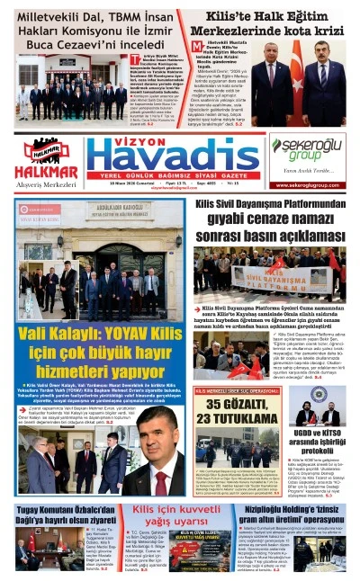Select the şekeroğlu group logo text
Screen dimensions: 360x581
308,147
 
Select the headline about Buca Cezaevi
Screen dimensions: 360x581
93,30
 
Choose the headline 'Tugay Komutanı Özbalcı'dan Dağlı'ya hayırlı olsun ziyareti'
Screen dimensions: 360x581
66,514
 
